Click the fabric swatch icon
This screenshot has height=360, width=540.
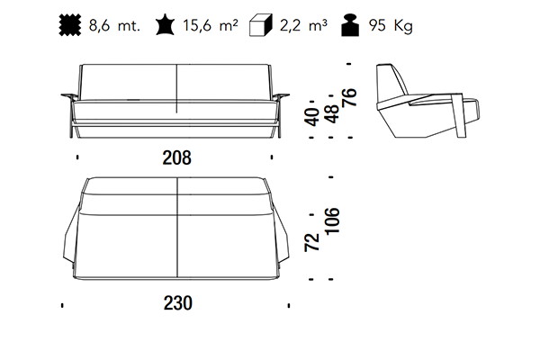(x=70, y=25)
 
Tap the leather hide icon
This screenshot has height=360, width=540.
(x=165, y=24)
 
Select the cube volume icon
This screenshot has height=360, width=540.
(x=261, y=25)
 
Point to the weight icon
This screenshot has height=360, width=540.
(x=350, y=25)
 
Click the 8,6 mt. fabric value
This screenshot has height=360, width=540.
(x=114, y=25)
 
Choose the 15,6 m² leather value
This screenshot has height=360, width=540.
(x=210, y=25)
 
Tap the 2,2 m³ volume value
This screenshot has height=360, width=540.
(x=303, y=25)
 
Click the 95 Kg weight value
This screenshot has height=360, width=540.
(x=391, y=26)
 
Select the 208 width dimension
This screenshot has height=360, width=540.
(x=176, y=157)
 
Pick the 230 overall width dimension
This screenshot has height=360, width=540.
(x=177, y=303)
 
